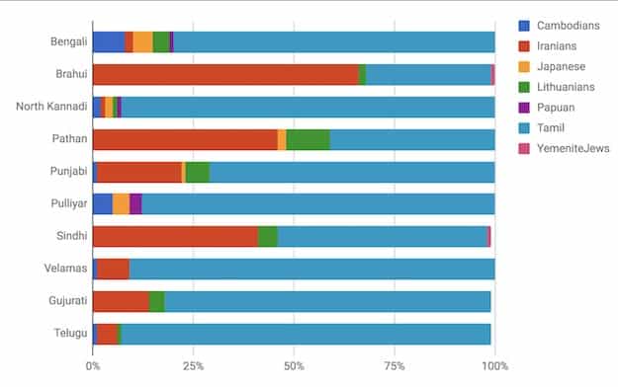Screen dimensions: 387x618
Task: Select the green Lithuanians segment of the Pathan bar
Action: pyautogui.click(x=308, y=139)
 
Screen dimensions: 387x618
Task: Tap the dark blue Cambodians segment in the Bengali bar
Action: pyautogui.click(x=109, y=41)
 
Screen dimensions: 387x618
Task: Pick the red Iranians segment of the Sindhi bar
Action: pyautogui.click(x=175, y=236)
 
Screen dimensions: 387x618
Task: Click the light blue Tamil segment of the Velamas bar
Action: pyautogui.click(x=311, y=269)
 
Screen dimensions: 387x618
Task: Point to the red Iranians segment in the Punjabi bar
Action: pyautogui.click(x=139, y=172)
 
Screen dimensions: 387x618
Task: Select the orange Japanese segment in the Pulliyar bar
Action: pyautogui.click(x=121, y=203)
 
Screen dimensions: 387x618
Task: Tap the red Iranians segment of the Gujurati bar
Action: pyautogui.click(x=121, y=301)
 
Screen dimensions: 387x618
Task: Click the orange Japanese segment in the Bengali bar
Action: pyautogui.click(x=142, y=41)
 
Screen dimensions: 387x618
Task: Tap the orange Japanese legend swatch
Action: pyautogui.click(x=525, y=66)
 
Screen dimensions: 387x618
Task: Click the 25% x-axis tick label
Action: pyautogui.click(x=194, y=366)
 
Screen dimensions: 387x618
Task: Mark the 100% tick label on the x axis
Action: pyautogui.click(x=494, y=366)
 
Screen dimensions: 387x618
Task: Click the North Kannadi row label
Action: pyautogui.click(x=51, y=107)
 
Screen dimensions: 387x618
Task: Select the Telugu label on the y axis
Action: pyautogui.click(x=69, y=334)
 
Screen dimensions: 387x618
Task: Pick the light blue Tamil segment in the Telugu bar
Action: pyautogui.click(x=306, y=334)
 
